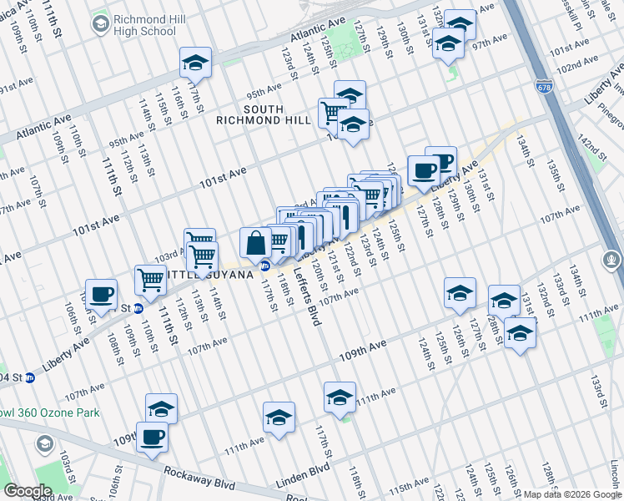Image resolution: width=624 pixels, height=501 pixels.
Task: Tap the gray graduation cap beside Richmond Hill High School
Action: [x=101, y=24]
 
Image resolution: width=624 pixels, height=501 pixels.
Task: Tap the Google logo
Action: [x=28, y=491]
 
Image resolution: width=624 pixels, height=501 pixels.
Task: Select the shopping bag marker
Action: [x=255, y=244]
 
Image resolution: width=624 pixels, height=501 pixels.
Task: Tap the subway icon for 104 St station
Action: [x=31, y=377]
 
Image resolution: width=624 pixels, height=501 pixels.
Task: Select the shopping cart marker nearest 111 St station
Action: [x=150, y=281]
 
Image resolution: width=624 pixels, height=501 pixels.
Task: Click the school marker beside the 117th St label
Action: [x=196, y=63]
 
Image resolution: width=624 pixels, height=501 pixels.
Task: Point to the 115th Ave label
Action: [x=412, y=486]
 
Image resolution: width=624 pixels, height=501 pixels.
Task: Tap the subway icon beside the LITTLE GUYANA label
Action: [x=264, y=266]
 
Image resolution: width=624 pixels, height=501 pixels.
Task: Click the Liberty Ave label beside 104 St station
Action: [x=65, y=354]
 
